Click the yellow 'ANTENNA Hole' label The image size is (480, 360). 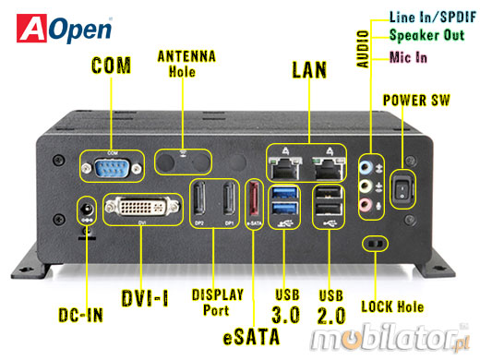click(187, 64)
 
